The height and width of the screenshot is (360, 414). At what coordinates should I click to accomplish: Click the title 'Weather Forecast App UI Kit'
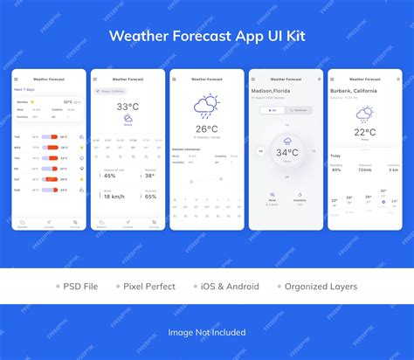[x=207, y=37]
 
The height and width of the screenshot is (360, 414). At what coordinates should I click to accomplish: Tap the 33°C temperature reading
[x=128, y=107]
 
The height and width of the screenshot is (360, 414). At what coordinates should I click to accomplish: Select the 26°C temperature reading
[x=206, y=129]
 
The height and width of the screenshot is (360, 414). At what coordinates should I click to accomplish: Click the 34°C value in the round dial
[x=286, y=152]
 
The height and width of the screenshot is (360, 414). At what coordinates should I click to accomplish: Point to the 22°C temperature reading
[x=365, y=132]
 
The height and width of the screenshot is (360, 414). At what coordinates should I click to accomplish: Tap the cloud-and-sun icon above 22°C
[x=365, y=114]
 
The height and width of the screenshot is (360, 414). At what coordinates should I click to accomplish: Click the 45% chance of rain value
[x=110, y=176]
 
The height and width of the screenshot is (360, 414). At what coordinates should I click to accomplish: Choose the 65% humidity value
[x=150, y=197]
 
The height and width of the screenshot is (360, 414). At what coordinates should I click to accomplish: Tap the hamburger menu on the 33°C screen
[x=94, y=79]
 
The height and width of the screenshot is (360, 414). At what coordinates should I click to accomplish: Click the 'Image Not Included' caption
[x=207, y=332]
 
